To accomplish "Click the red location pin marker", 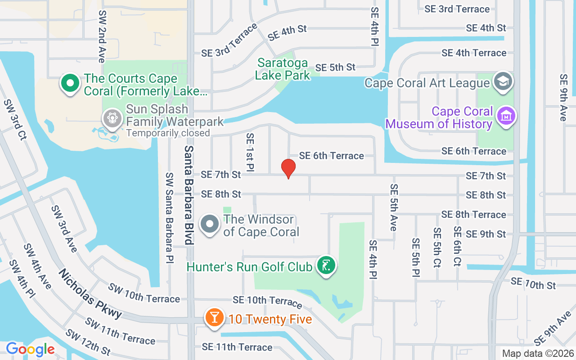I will point(288,168).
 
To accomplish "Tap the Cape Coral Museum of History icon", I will point(506,116).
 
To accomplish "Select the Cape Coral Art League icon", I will point(503,82).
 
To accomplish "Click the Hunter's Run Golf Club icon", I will point(325,265).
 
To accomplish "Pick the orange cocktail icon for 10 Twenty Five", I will point(215,318).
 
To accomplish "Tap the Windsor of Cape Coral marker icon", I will point(210,224).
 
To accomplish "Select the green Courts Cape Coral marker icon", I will point(70,83).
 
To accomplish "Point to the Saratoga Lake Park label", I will point(283,69).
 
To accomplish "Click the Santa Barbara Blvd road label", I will point(189,195).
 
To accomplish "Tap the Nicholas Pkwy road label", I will point(90,294).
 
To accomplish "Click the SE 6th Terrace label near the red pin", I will point(331,156).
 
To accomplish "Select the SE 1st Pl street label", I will point(250,152).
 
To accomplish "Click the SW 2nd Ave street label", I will point(102,36).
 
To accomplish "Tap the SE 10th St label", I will point(533,284).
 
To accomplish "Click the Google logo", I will point(30,349).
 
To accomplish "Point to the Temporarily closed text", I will point(168,133).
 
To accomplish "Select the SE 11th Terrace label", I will point(237,347).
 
